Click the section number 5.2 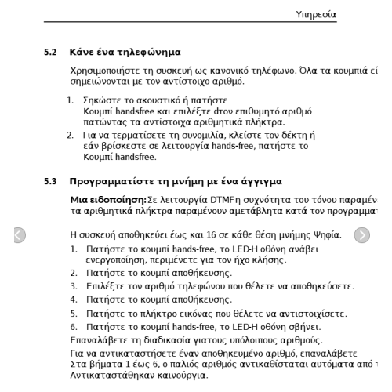[x=50, y=53]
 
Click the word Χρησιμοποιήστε [x=110, y=71]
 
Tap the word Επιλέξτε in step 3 [x=105, y=287]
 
